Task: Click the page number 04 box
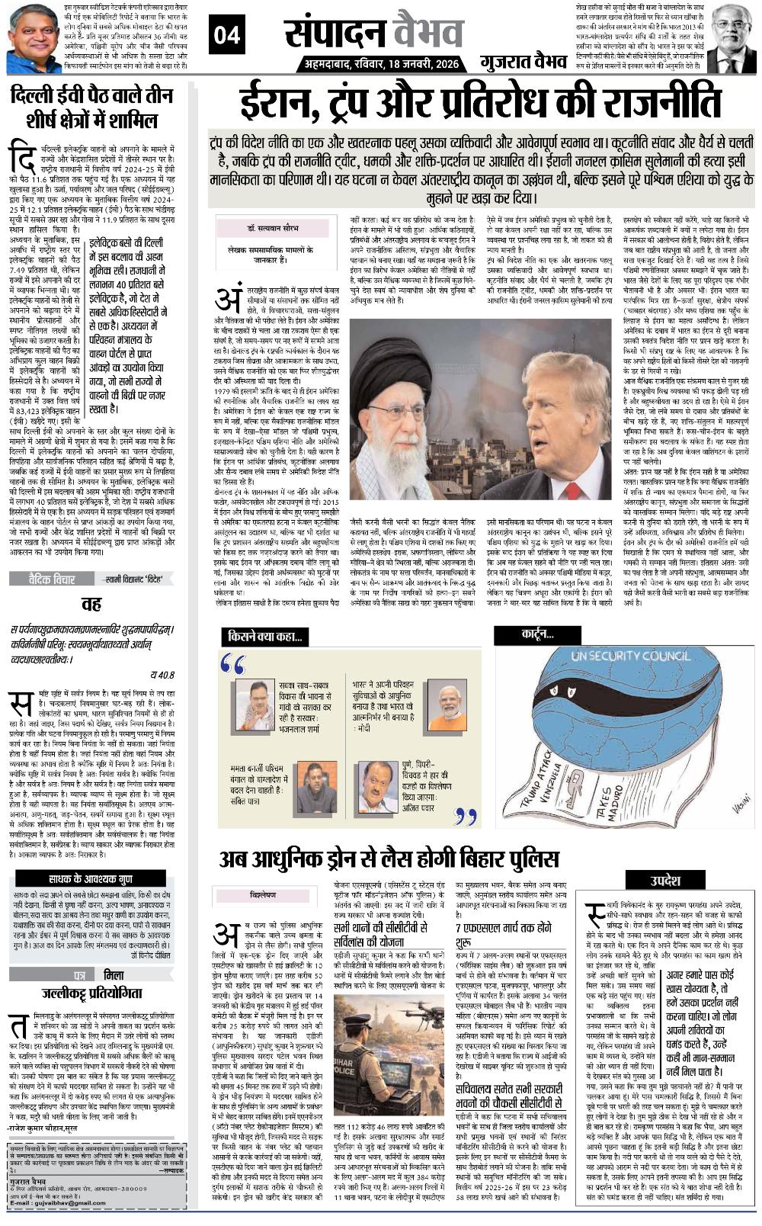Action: [x=226, y=34]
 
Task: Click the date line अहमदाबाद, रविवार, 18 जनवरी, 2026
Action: [x=378, y=64]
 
